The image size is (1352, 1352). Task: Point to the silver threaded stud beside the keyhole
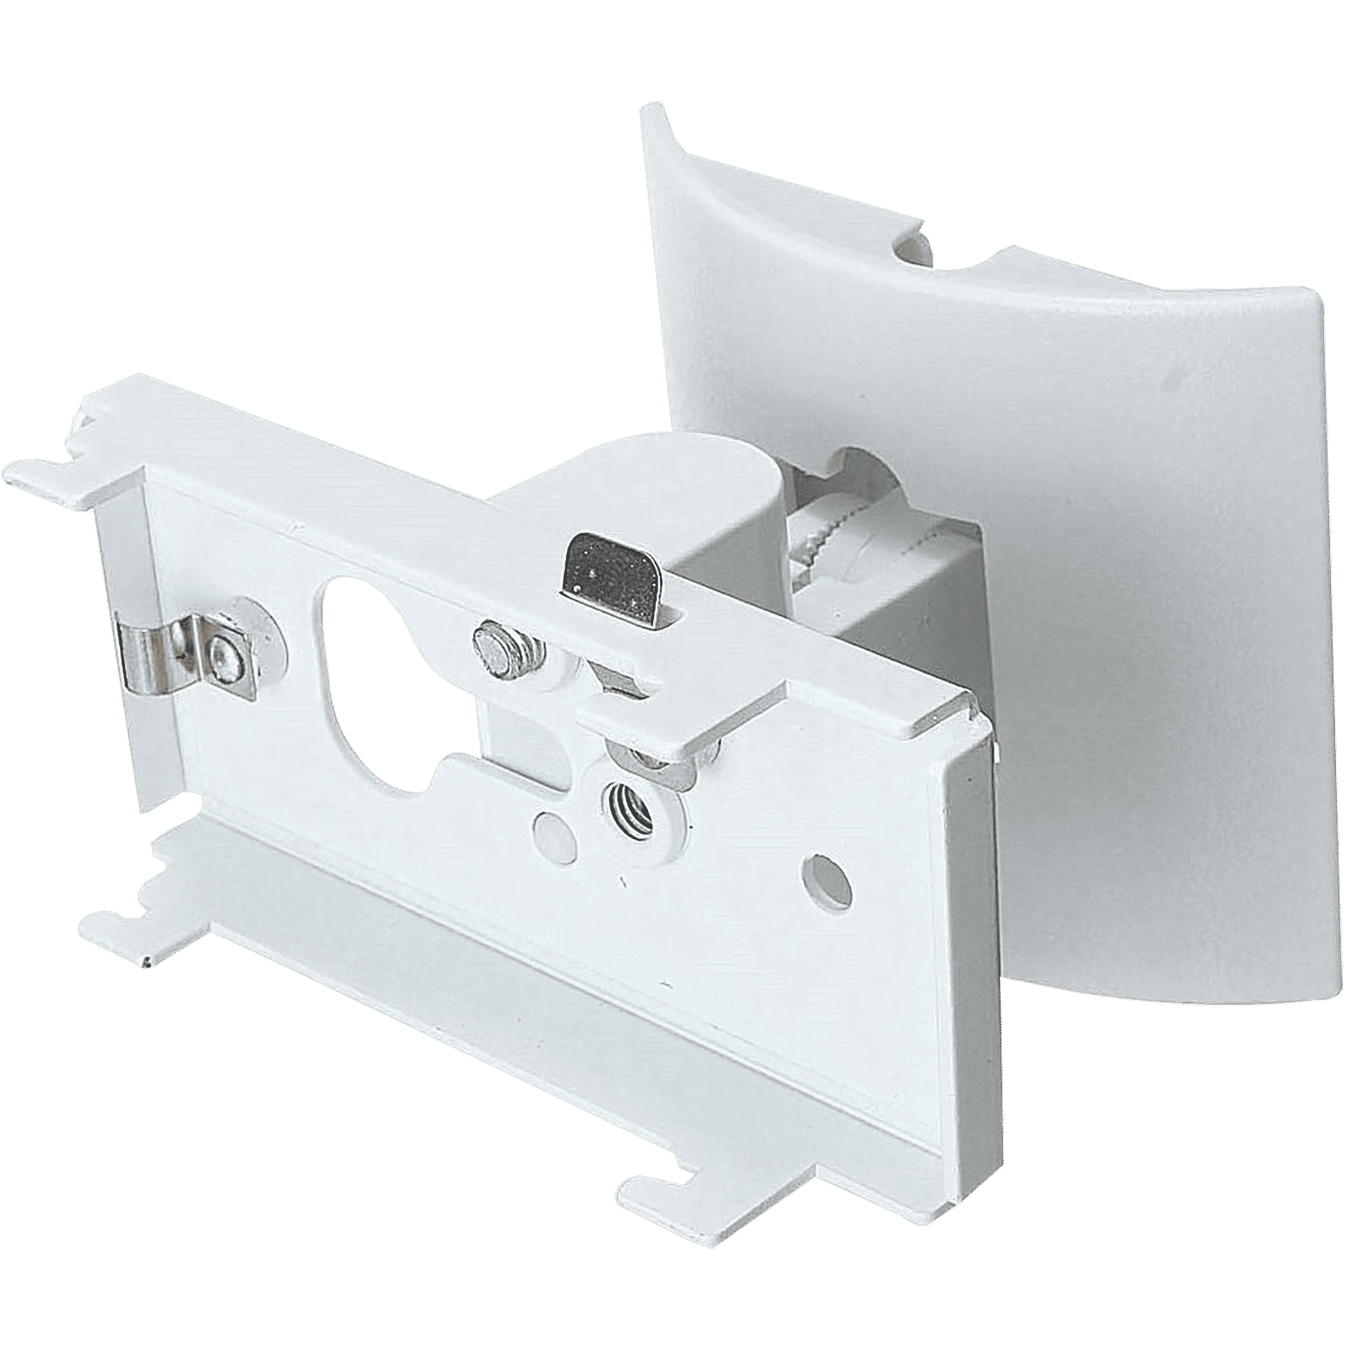493,635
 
